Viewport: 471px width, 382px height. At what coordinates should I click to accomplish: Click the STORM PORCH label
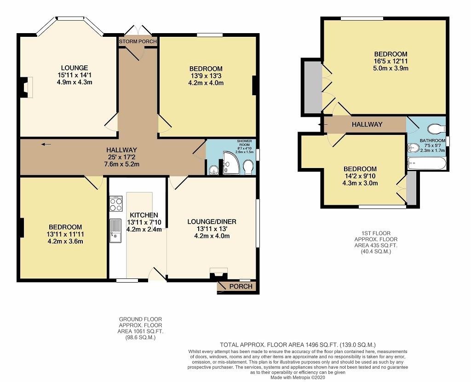click(138, 41)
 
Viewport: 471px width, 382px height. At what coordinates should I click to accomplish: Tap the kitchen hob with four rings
click(116, 203)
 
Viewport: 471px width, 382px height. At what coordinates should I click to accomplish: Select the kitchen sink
click(115, 231)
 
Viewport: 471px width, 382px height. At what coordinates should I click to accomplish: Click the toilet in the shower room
click(248, 167)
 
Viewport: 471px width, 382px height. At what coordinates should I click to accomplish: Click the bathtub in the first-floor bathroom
click(426, 164)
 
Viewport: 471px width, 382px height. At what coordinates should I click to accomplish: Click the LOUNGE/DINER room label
click(212, 222)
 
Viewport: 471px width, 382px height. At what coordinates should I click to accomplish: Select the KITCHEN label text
click(144, 215)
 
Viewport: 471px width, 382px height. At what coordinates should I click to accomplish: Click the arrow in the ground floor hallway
click(46, 145)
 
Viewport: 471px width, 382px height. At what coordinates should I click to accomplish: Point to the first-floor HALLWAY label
click(367, 124)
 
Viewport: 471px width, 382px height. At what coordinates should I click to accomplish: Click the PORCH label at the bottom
click(241, 286)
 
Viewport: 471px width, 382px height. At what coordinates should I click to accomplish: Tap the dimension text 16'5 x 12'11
click(391, 61)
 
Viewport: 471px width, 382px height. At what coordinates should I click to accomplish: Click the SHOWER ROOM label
click(245, 143)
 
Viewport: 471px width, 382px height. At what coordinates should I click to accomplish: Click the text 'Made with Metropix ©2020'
click(298, 377)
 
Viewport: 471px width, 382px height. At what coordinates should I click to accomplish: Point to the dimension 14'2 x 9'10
click(360, 176)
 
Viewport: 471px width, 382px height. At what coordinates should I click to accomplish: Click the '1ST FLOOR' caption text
click(376, 233)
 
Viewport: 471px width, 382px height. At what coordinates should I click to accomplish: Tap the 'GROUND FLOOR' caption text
click(141, 319)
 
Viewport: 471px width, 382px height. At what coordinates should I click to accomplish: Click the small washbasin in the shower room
click(214, 170)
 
